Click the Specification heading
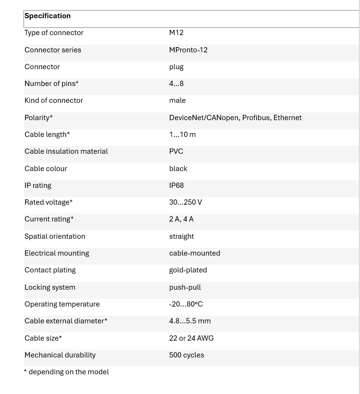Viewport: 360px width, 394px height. pyautogui.click(x=48, y=16)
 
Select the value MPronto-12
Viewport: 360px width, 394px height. pyautogui.click(x=188, y=50)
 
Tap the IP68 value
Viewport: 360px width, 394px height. pyautogui.click(x=176, y=185)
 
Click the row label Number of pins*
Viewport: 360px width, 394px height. pyautogui.click(x=51, y=84)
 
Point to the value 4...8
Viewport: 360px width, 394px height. pyautogui.click(x=176, y=84)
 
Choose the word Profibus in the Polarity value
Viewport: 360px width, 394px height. pyautogui.click(x=256, y=118)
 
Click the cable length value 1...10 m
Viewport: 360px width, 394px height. pyautogui.click(x=182, y=135)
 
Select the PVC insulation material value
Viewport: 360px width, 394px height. pyautogui.click(x=176, y=151)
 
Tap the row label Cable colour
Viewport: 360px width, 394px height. pyautogui.click(x=46, y=169)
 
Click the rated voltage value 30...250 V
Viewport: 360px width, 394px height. pyautogui.click(x=186, y=202)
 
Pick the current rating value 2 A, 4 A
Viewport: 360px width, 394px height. pyautogui.click(x=181, y=219)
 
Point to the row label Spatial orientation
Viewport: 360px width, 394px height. pyautogui.click(x=55, y=236)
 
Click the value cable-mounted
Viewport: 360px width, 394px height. pyautogui.click(x=195, y=253)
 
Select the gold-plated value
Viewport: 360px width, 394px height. pyautogui.click(x=188, y=270)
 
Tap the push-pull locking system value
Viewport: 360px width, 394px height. pyautogui.click(x=185, y=287)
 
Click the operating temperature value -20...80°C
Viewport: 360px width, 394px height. pyautogui.click(x=186, y=304)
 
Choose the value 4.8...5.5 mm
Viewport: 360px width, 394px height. pyautogui.click(x=190, y=321)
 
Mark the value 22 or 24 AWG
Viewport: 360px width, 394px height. pyautogui.click(x=191, y=338)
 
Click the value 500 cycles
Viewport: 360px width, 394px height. pyautogui.click(x=186, y=355)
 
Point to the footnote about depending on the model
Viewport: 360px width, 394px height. pyautogui.click(x=66, y=372)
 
